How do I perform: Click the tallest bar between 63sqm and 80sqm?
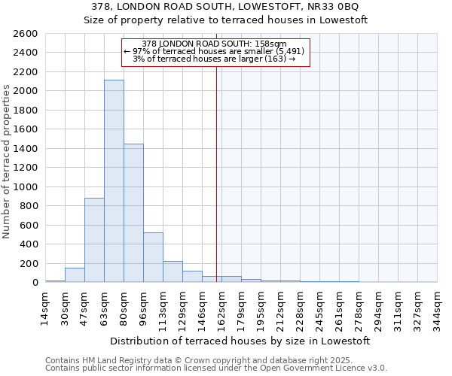pos(114,181)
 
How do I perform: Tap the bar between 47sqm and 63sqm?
pos(94,240)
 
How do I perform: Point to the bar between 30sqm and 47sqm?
pos(75,274)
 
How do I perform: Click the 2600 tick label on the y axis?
pos(26,34)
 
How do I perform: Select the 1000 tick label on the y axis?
pos(26,186)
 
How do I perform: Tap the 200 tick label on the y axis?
pos(29,263)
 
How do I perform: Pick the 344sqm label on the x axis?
pos(438,306)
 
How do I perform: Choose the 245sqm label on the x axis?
pos(320,306)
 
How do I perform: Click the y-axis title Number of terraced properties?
pos(7,162)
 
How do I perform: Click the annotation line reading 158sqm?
pos(214,44)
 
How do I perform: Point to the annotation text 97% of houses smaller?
pos(214,51)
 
